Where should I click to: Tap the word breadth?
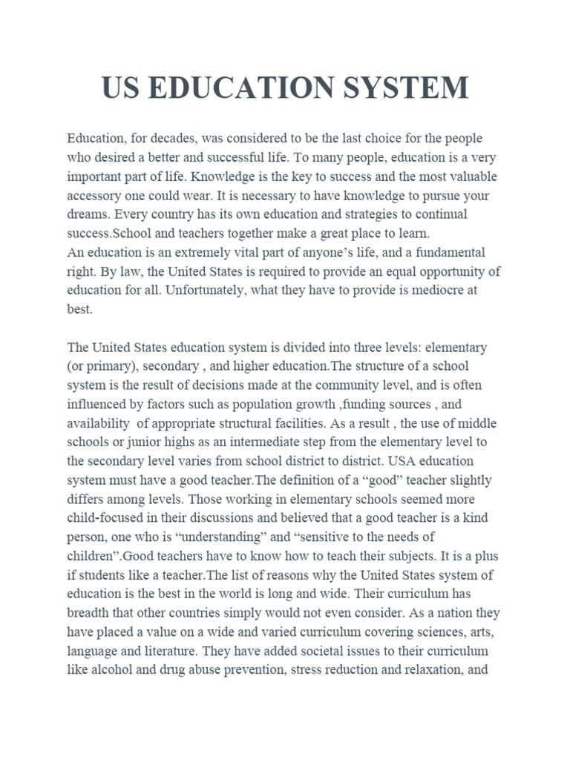coord(91,613)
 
